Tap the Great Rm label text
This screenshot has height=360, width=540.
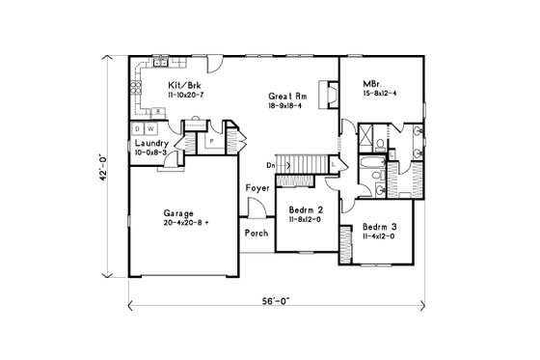(288, 97)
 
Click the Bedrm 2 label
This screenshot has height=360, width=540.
(306, 210)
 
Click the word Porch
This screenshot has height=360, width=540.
(256, 233)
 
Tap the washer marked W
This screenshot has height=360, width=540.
(151, 128)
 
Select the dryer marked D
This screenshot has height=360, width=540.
(139, 128)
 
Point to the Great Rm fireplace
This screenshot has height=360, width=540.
(327, 97)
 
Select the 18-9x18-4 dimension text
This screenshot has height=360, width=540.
(288, 107)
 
